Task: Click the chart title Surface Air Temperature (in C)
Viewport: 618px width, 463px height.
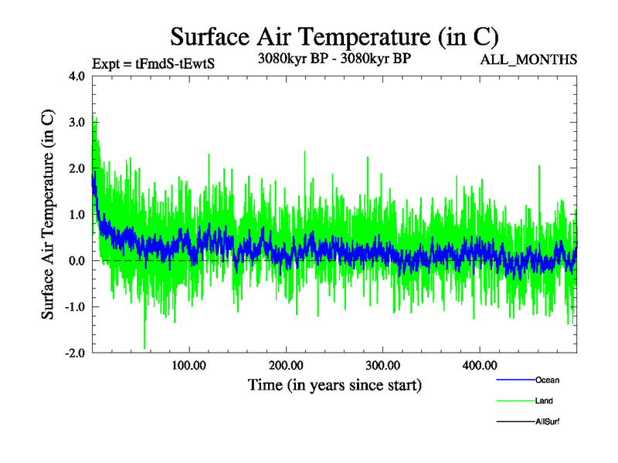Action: (334, 36)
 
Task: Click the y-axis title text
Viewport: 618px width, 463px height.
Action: (48, 215)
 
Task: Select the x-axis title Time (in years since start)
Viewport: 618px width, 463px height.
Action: (334, 384)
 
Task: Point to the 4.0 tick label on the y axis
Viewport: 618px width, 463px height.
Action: (76, 76)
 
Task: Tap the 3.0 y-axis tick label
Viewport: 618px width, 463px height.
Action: (76, 122)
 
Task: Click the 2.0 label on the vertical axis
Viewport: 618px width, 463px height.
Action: (76, 168)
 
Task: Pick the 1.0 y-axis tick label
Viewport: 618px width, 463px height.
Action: (76, 215)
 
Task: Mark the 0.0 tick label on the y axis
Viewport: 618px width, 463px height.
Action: (76, 261)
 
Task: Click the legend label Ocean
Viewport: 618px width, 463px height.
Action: (547, 380)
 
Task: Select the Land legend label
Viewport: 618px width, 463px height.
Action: (544, 401)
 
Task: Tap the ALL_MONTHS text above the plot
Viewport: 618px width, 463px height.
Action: (529, 60)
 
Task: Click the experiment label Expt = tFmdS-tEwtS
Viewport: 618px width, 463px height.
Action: (152, 64)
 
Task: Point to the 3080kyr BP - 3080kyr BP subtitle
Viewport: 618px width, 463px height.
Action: (334, 58)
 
